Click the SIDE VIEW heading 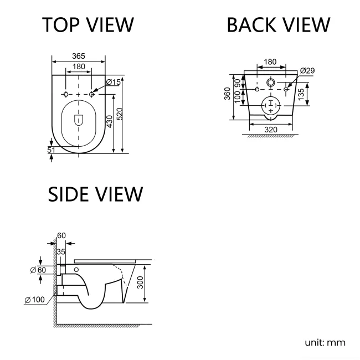[x=95, y=194]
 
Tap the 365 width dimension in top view [x=79, y=56]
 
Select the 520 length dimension [x=126, y=115]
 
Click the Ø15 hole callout [x=113, y=82]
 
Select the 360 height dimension [x=228, y=95]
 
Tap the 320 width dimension [x=270, y=130]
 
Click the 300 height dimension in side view [x=140, y=284]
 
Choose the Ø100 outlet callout [x=35, y=300]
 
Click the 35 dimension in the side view [x=61, y=252]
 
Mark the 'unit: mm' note [x=325, y=342]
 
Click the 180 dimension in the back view [x=270, y=62]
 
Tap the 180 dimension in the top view [x=79, y=66]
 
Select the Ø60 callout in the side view [x=38, y=269]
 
